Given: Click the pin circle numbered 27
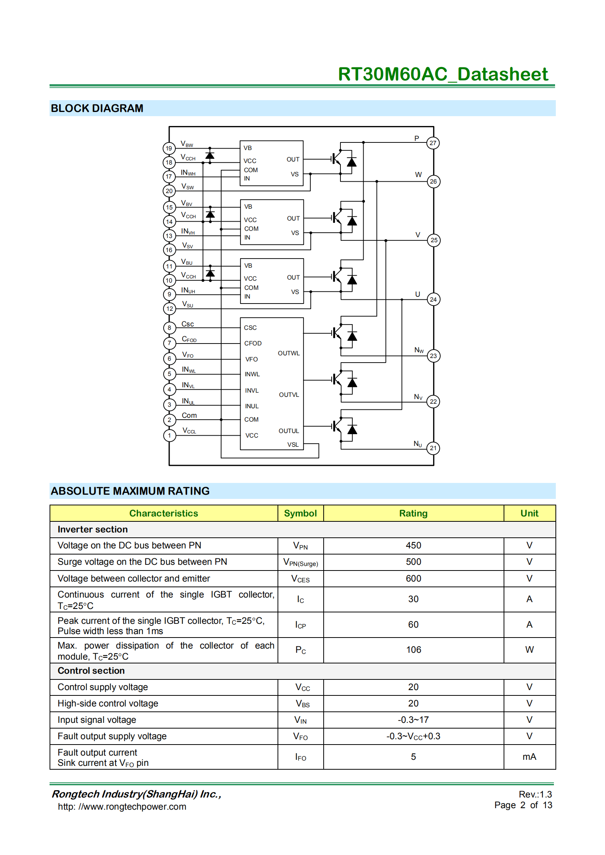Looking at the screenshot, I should [433, 143].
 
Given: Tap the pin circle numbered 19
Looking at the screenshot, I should [169, 148].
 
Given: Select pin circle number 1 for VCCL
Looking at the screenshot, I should [169, 435].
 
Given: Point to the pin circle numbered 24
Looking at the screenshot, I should [433, 299].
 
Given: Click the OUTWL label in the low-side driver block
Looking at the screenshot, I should [289, 353].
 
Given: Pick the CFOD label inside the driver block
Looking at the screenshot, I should [253, 343].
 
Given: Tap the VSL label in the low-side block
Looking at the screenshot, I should [293, 444].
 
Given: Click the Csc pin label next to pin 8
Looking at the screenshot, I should [188, 324].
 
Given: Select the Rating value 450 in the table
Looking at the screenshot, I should [413, 545].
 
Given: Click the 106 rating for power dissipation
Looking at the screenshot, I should [413, 650].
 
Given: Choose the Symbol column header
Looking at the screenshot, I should [300, 513].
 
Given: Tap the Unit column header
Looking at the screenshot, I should [529, 513].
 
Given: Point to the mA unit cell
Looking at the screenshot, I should [529, 757].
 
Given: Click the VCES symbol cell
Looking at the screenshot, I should [300, 579].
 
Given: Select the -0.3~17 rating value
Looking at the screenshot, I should [413, 720].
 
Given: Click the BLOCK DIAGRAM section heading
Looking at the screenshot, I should [97, 109].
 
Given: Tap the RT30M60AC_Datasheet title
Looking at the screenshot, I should [443, 74].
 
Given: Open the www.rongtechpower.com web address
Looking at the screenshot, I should [122, 807].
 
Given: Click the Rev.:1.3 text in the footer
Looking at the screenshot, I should [535, 794].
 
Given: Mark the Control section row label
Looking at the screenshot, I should [91, 671].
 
